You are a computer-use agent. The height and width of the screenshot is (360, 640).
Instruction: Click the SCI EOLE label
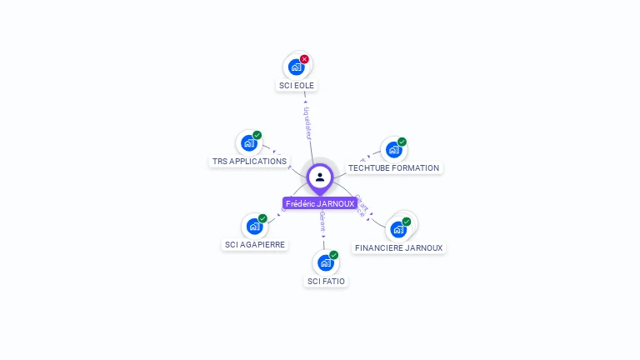pyautogui.click(x=297, y=85)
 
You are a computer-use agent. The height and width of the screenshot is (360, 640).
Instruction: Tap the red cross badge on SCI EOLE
pyautogui.click(x=304, y=59)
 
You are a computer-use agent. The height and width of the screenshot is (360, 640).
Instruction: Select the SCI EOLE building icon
pyautogui.click(x=296, y=67)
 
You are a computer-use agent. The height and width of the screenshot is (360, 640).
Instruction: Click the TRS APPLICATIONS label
pyautogui.click(x=249, y=161)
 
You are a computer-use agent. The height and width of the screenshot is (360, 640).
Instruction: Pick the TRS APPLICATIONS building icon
pyautogui.click(x=248, y=143)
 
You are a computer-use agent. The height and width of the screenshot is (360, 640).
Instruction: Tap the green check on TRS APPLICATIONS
pyautogui.click(x=257, y=135)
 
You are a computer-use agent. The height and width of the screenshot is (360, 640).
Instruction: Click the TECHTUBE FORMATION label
pyautogui.click(x=393, y=167)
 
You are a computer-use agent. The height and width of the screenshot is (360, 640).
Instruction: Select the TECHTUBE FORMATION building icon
pyautogui.click(x=393, y=150)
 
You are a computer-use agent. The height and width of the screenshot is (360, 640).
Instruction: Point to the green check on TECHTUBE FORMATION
pyautogui.click(x=402, y=142)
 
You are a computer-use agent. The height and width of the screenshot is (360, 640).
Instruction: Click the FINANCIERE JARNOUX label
pyautogui.click(x=398, y=247)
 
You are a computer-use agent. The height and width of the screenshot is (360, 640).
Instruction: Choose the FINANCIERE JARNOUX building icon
pyautogui.click(x=397, y=229)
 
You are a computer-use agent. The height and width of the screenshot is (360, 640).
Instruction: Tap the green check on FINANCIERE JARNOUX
pyautogui.click(x=406, y=222)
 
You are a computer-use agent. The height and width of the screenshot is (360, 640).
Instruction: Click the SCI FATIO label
pyautogui.click(x=326, y=281)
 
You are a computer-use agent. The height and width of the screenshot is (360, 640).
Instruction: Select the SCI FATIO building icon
pyautogui.click(x=325, y=263)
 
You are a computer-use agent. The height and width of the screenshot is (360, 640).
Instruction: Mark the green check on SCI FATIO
pyautogui.click(x=333, y=255)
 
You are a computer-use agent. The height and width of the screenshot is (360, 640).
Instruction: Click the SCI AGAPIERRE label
pyautogui.click(x=255, y=244)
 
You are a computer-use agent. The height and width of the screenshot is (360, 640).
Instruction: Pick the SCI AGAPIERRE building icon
pyautogui.click(x=254, y=226)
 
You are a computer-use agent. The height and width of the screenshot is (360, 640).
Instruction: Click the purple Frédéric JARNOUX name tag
pyautogui.click(x=320, y=203)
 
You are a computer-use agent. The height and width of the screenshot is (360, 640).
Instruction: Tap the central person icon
pyautogui.click(x=320, y=177)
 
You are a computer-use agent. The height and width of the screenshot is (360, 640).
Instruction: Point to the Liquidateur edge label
pyautogui.click(x=307, y=122)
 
